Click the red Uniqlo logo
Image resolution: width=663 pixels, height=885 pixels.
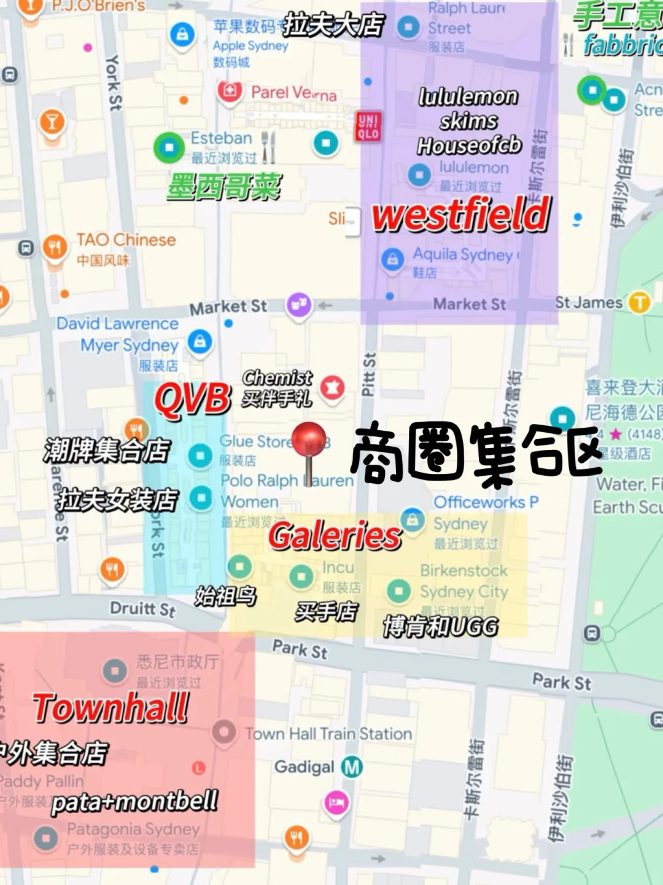(368, 127)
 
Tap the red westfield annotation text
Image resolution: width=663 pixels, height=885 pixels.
(461, 214)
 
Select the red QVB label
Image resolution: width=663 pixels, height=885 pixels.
(193, 399)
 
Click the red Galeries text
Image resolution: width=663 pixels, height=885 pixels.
(335, 536)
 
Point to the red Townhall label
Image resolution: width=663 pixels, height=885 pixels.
(110, 707)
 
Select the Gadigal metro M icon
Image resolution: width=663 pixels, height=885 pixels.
(352, 766)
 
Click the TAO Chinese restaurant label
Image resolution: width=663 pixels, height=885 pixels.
(126, 240)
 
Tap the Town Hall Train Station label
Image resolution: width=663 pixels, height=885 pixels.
(328, 733)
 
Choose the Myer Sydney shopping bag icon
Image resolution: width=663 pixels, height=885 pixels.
(200, 341)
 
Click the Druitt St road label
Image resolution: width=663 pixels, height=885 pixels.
(142, 609)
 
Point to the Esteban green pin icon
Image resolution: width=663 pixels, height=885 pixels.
(169, 147)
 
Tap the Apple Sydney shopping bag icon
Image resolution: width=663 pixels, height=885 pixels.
(182, 33)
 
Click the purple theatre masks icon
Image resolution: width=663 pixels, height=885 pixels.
(299, 305)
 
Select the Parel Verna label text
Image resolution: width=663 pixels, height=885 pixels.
(293, 93)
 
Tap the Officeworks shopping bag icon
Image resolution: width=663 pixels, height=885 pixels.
(413, 519)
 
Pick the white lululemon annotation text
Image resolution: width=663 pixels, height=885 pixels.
(468, 96)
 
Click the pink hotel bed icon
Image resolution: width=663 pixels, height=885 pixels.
(336, 803)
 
